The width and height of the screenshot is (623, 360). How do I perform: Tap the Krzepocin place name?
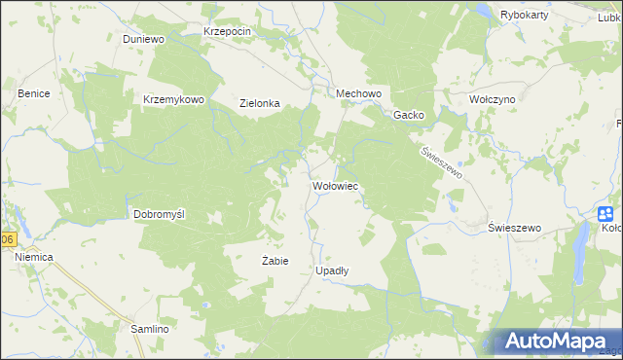click(228, 31)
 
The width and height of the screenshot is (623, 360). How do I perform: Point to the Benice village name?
click(34, 93)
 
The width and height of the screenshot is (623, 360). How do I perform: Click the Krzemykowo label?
click(173, 99)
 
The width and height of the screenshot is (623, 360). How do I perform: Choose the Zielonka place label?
click(260, 103)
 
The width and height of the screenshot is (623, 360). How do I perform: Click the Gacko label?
click(408, 115)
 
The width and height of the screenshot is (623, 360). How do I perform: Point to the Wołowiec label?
click(336, 185)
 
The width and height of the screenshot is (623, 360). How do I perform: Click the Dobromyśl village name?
click(158, 212)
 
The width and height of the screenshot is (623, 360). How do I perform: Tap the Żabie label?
click(275, 261)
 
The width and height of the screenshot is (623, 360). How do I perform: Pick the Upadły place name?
click(333, 270)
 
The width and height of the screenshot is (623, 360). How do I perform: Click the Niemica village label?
click(34, 256)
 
